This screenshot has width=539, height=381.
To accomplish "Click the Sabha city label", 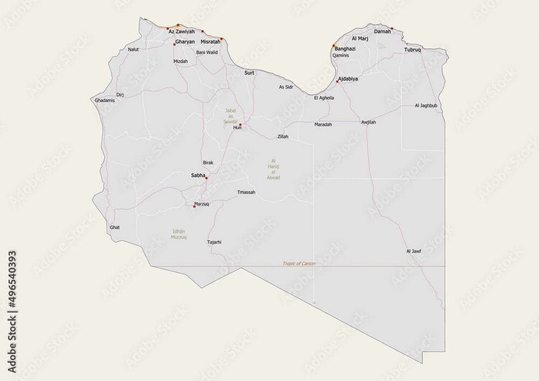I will pos(198,175).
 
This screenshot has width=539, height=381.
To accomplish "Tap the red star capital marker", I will pos(178,25).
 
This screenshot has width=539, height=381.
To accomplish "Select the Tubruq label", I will pos(412,50).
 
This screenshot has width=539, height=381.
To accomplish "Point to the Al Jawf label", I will pos(413,251).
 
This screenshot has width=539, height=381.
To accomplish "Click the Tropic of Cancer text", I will pos(299,264).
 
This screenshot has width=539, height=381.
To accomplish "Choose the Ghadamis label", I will pos(105,100).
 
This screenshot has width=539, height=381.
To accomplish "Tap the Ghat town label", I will pos(115,227).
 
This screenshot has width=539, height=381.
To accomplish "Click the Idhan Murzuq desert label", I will pos(178,234).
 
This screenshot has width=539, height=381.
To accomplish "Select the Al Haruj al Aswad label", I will pos(273,169).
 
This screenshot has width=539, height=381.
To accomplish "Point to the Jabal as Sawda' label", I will pos(231,116).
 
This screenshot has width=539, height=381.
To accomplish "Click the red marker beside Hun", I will pos(240,125).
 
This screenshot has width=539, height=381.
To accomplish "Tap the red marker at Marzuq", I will pos(194,205).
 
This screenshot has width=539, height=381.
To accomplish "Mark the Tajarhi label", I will pos(214,242).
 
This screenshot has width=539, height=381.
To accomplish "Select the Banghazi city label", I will pos(345,49).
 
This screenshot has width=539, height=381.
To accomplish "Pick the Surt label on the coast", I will pos(250,72).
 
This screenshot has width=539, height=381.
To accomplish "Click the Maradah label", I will pos(323,124).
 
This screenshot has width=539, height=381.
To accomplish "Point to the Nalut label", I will pos(133,50).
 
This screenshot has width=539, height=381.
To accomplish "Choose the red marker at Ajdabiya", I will pos(337,81).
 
